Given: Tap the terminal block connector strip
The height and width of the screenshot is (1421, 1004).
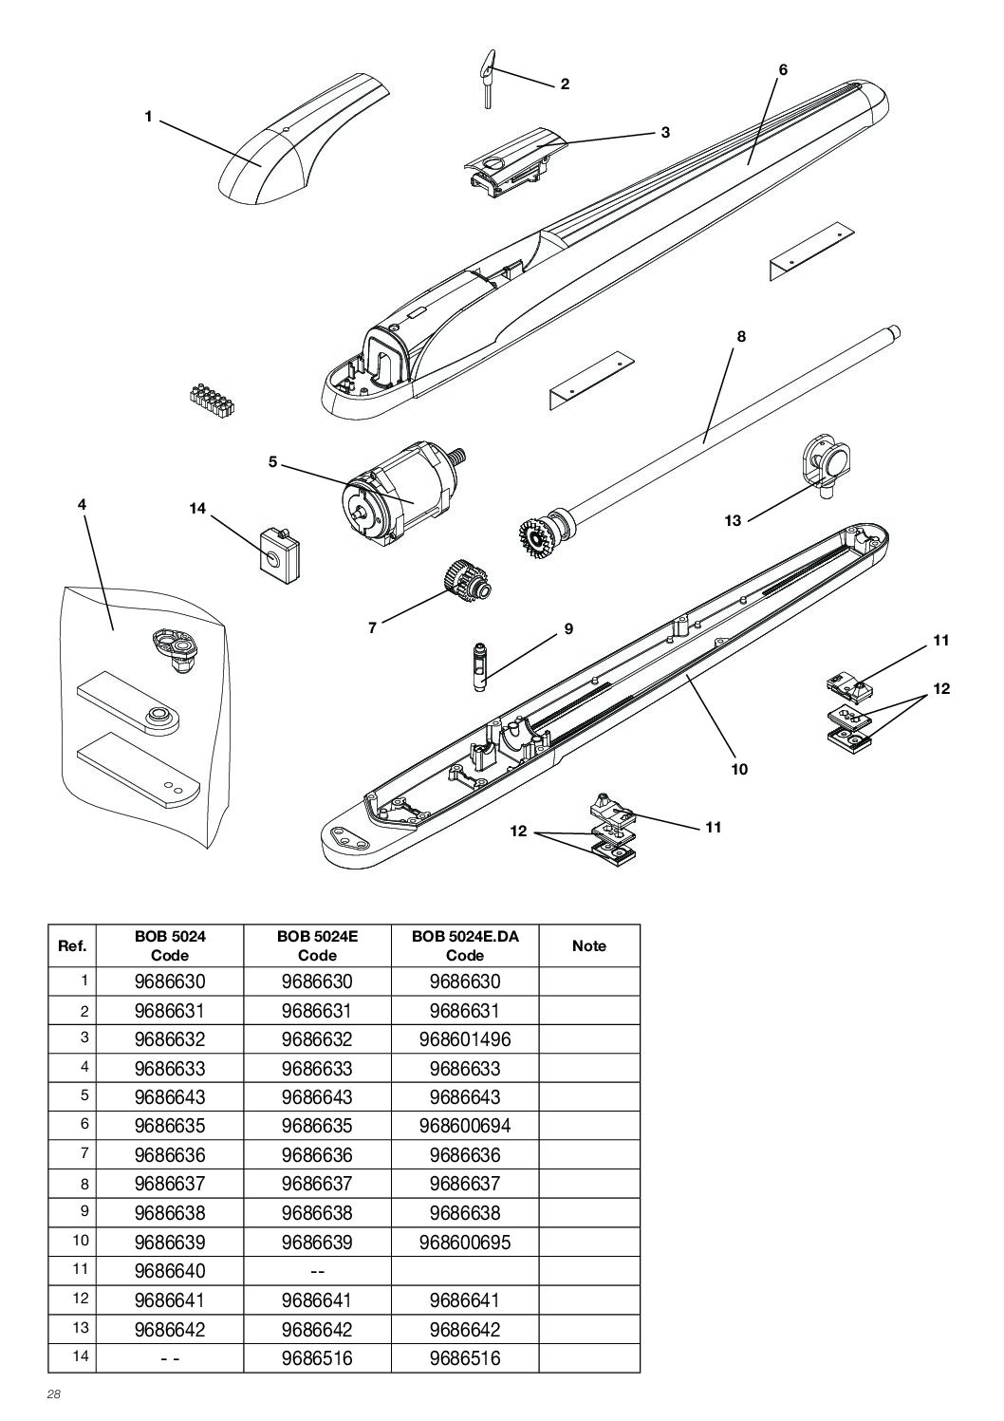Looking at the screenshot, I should (213, 400).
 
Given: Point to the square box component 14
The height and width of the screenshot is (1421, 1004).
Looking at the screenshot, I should (279, 550).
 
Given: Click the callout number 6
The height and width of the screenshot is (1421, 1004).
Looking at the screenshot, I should (783, 69).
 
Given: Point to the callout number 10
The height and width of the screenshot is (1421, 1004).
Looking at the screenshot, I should (739, 769).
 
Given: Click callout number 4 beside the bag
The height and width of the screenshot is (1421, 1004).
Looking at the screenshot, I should (83, 505).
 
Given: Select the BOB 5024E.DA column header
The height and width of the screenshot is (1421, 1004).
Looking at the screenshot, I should (465, 945).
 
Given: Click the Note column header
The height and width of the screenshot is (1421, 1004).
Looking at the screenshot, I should (589, 945).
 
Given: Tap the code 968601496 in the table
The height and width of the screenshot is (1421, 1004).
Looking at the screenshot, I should (465, 1039).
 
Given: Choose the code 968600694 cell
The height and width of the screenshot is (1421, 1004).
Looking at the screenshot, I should (465, 1126).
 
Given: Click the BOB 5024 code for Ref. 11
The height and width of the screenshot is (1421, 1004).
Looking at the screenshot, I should (170, 1271).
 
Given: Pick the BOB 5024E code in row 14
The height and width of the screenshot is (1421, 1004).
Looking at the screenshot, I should (317, 1358).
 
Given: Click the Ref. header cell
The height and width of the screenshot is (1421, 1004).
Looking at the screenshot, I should (73, 945).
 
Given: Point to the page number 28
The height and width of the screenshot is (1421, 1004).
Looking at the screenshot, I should (54, 1395).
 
